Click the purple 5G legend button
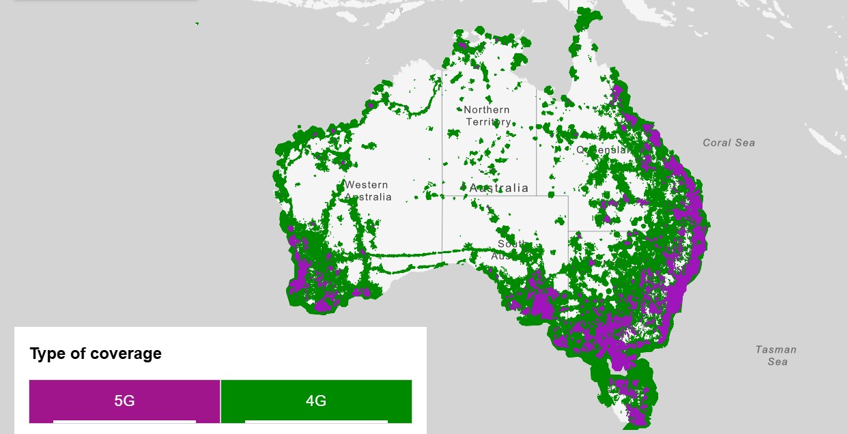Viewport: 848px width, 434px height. [124, 401]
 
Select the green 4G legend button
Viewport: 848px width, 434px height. [316, 401]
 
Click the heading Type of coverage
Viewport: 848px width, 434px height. [96, 353]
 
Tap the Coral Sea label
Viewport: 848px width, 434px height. [729, 143]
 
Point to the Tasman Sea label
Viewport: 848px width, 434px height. [776, 356]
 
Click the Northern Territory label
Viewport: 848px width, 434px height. [487, 115]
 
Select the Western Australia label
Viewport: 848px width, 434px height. [367, 190]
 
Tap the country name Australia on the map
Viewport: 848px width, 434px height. [499, 188]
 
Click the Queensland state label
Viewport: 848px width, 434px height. [602, 149]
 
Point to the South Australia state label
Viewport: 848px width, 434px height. [509, 250]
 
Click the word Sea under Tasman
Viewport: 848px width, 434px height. [777, 362]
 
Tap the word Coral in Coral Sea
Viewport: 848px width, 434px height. [716, 143]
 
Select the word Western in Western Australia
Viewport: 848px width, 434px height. [366, 184]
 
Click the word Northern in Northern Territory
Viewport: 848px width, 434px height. [486, 109]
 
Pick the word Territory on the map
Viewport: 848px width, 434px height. [488, 121]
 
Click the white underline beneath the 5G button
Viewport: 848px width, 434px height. [124, 421]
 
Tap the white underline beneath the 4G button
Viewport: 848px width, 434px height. [316, 421]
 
